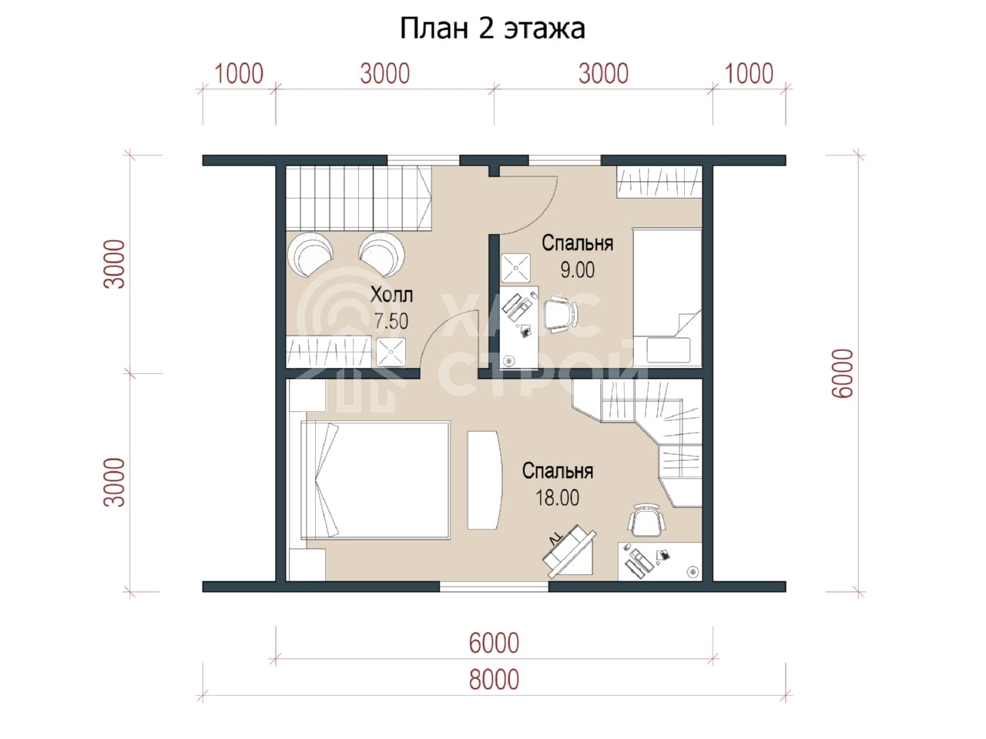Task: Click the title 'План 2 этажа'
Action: [492, 28]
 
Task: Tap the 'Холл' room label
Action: [391, 295]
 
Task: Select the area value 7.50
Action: [391, 321]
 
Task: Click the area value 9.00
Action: [577, 269]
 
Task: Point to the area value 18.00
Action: [557, 497]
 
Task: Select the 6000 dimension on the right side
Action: [842, 373]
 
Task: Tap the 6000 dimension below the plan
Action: [494, 643]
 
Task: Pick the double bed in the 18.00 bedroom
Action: [376, 480]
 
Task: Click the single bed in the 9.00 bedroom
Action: [667, 297]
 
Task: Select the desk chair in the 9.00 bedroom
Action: [561, 314]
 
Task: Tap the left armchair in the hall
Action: [310, 254]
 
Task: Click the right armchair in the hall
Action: [382, 254]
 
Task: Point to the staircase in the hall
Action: [358, 198]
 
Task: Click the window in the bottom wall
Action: [494, 586]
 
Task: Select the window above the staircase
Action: [423, 160]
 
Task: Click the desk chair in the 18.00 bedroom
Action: [646, 520]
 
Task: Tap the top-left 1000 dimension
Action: [239, 74]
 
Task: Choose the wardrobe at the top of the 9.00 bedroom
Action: [659, 182]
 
